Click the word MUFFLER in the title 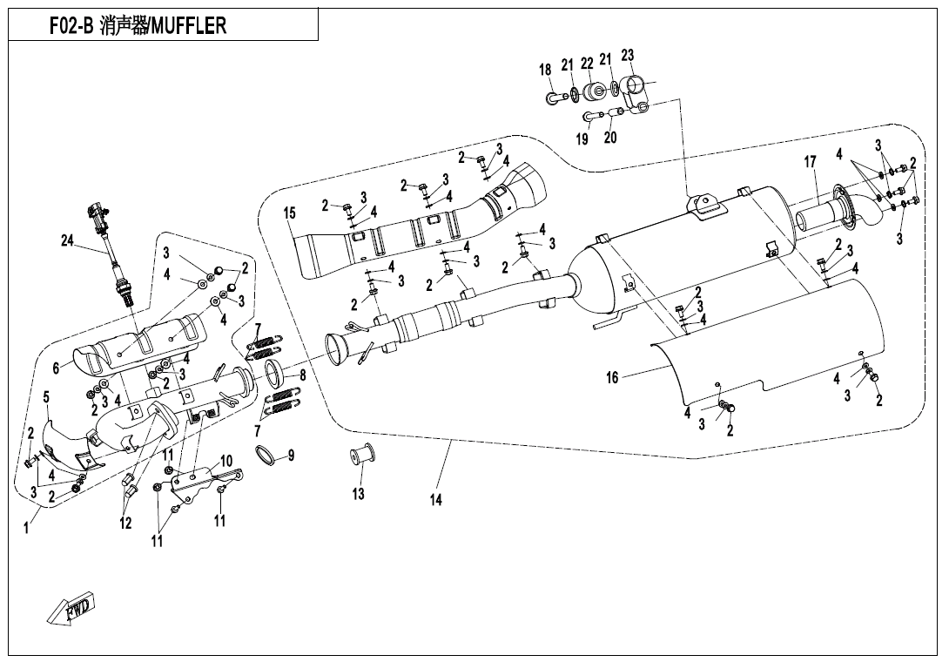coord(189,25)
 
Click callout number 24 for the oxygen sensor coord(67,242)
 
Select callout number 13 coord(359,494)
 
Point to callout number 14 coord(436,500)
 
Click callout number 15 coord(290,213)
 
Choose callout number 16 coord(612,377)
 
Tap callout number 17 coord(810,162)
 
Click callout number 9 coord(292,455)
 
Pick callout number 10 coord(225,460)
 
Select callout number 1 coord(26,528)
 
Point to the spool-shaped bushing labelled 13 coord(361,456)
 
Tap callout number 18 coord(545,70)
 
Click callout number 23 coord(627,57)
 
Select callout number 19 coord(582,138)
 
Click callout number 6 coord(57,368)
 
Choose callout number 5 coord(46,398)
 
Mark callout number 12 coord(126,524)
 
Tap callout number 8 coord(302,375)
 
